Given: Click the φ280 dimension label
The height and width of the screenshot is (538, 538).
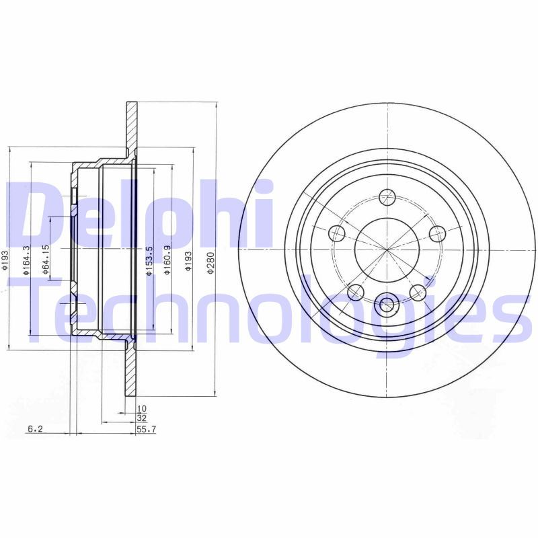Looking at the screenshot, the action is (x=210, y=263).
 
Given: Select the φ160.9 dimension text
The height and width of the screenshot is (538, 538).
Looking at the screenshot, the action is (x=167, y=260).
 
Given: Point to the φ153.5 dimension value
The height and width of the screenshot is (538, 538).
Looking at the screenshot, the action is (x=149, y=261).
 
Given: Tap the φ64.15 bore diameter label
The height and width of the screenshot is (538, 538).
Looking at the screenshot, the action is (x=46, y=259).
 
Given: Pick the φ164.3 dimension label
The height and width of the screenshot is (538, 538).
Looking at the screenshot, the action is (x=26, y=260).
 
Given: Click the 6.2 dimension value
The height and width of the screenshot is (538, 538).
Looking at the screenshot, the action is (x=35, y=428).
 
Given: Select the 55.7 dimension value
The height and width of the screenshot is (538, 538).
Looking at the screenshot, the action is (x=147, y=429).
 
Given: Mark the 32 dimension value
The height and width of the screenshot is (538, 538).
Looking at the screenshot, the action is (x=142, y=418).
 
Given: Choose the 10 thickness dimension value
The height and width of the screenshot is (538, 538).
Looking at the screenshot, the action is (x=142, y=409).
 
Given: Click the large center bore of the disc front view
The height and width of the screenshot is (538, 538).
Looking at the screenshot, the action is (x=387, y=249).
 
